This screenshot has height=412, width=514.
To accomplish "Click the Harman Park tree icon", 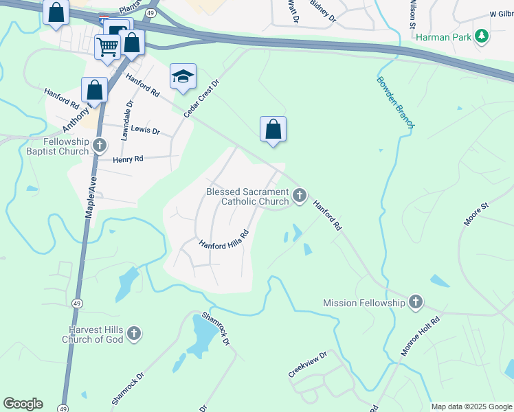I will (482, 36).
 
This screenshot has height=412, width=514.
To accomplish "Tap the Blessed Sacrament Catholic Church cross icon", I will (299, 196).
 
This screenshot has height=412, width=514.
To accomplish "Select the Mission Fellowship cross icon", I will (415, 301).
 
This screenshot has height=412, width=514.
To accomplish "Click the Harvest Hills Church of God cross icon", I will (134, 334).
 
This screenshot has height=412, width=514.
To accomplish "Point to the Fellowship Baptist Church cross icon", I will (100, 145).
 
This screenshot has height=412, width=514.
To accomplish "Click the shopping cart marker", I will (107, 47).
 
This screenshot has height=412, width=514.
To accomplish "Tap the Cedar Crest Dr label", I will (201, 98).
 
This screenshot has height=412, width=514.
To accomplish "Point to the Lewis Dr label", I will (145, 130).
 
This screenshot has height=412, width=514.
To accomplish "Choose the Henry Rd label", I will (128, 159).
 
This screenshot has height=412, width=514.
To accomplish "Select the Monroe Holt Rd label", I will (420, 336).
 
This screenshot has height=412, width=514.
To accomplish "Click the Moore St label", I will (476, 214).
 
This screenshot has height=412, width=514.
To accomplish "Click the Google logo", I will (23, 404).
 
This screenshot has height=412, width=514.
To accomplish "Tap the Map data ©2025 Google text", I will (471, 407).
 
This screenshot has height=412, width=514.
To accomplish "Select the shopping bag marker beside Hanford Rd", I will (273, 128).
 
